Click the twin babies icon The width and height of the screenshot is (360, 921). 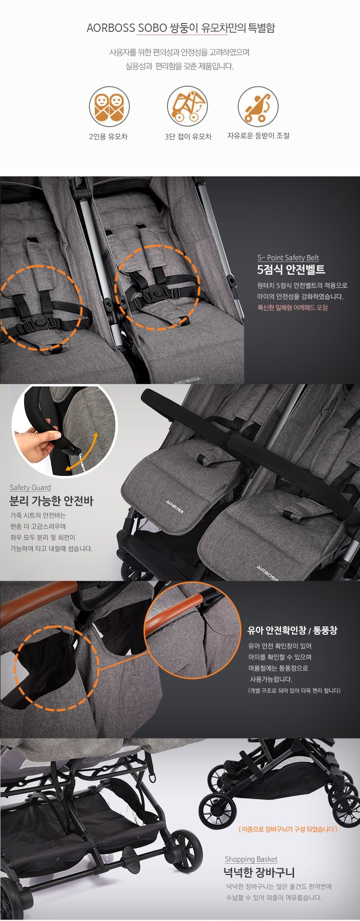pos(109,107)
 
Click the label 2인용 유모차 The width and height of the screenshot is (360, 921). pos(108,137)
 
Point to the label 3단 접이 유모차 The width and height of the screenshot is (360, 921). pos(188,137)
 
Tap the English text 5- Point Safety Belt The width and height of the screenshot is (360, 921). pos(288,258)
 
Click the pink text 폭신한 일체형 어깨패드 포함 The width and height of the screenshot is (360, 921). pos(293,307)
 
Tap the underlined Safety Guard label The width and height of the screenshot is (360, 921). pos(30,488)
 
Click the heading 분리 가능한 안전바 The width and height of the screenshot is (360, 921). pos(51,501)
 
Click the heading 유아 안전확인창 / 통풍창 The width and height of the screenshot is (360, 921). pos(293,630)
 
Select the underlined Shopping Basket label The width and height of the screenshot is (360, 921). pos(251,859)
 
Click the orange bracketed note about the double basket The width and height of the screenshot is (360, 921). pos(288,829)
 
